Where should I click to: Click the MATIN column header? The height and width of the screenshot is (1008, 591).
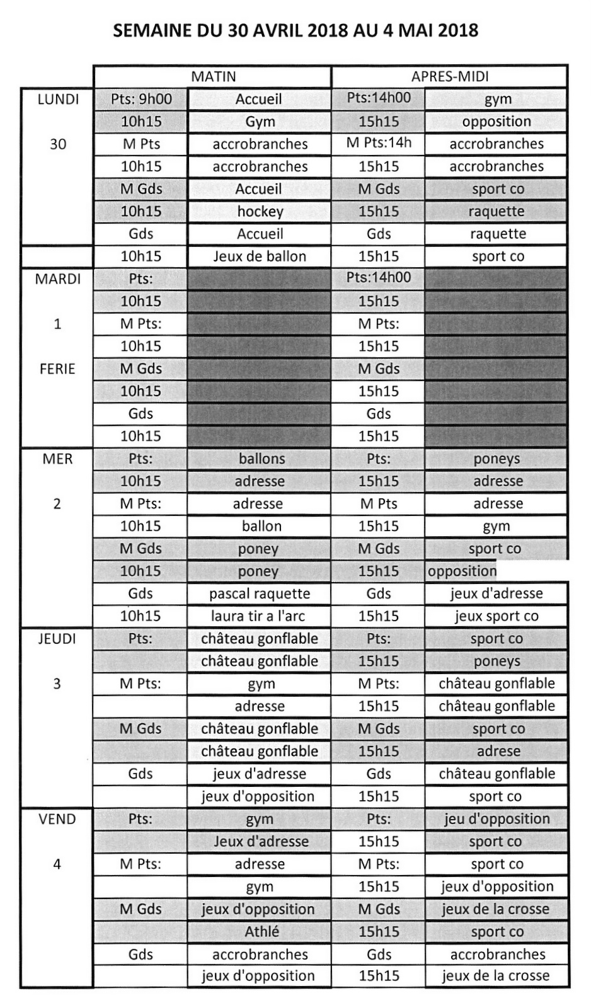pos(214,77)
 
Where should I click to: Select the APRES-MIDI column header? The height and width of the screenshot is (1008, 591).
pos(450,77)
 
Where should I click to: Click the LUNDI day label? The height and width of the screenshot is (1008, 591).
pos(58,99)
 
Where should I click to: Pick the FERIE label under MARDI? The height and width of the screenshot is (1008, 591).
pos(57,369)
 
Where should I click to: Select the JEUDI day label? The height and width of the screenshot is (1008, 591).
pos(57,639)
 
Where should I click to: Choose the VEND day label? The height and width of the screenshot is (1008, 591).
pos(57,819)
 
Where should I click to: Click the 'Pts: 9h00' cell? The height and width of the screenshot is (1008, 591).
pos(141,99)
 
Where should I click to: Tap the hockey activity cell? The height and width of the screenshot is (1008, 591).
pos(260,212)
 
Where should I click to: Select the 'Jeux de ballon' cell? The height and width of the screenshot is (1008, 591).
pos(260,256)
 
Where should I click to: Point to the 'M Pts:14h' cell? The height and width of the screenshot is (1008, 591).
pos(379,143)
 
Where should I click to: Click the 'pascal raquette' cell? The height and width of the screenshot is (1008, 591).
pos(260,593)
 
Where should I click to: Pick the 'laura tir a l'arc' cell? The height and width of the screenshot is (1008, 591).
pos(260,616)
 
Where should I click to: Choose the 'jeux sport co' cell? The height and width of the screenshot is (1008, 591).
pos(496,616)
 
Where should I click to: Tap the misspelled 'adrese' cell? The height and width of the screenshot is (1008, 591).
pos(498,751)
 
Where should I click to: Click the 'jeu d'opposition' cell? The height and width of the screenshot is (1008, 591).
pos(496,819)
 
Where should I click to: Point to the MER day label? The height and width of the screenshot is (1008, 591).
pos(57,459)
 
